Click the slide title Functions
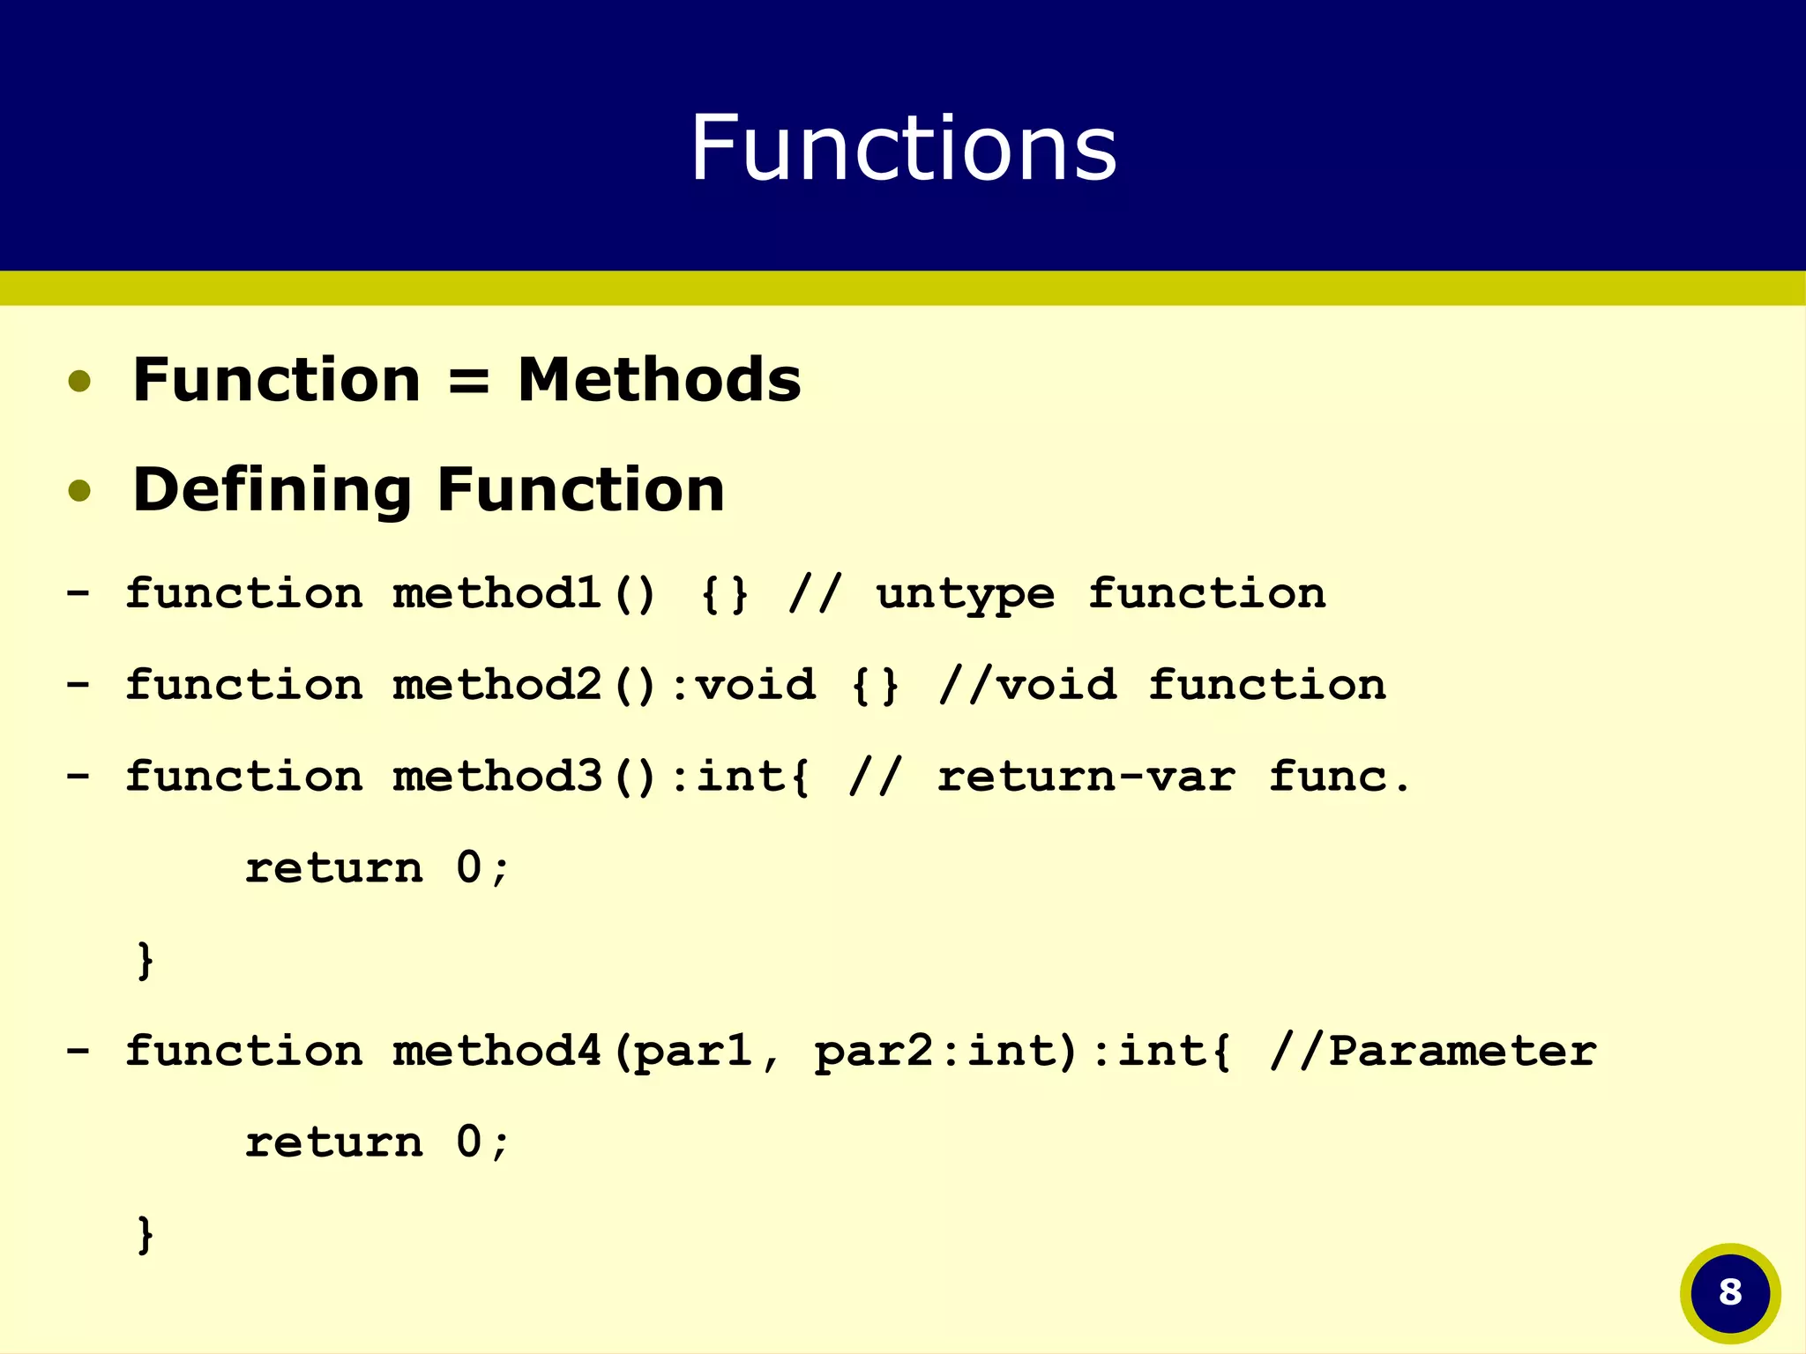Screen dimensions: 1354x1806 (903, 148)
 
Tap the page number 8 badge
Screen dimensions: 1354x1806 (1730, 1292)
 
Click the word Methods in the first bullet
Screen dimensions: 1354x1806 (659, 380)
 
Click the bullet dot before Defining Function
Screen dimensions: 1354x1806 (79, 491)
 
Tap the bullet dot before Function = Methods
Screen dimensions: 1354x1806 (79, 382)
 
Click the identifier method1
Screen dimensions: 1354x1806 (496, 593)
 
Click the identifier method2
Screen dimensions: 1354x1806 (496, 685)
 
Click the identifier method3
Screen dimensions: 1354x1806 (496, 777)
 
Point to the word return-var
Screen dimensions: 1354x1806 (1086, 777)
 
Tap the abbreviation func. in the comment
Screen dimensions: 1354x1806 (1339, 777)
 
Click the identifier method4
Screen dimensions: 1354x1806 (496, 1051)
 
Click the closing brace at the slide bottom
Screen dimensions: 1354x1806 (146, 1234)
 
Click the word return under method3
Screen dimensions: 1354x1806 (333, 868)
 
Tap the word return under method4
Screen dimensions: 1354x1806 (333, 1142)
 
